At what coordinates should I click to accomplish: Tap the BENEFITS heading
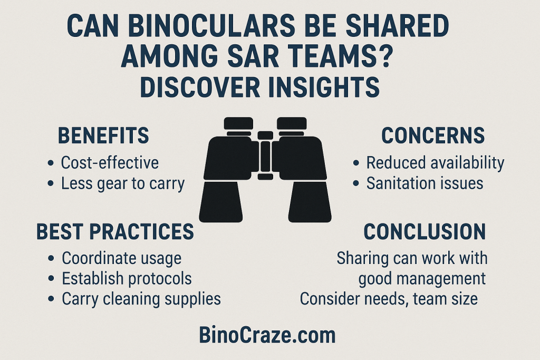click(x=103, y=135)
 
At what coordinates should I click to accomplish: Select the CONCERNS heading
click(x=433, y=135)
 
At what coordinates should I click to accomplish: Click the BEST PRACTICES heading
click(x=115, y=231)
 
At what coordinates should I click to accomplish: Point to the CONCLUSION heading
click(x=425, y=231)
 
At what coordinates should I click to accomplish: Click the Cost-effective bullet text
click(x=110, y=162)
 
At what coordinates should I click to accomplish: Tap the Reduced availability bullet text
click(x=435, y=163)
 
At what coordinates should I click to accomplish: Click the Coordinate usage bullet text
click(x=121, y=258)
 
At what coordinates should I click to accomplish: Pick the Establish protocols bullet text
click(x=127, y=278)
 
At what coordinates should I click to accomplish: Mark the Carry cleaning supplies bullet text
click(x=141, y=299)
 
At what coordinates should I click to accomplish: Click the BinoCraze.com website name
click(x=267, y=335)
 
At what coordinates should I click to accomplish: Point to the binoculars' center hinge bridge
click(x=265, y=156)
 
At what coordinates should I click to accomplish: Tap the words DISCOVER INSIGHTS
click(x=259, y=85)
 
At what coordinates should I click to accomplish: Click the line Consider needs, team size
click(x=389, y=299)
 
